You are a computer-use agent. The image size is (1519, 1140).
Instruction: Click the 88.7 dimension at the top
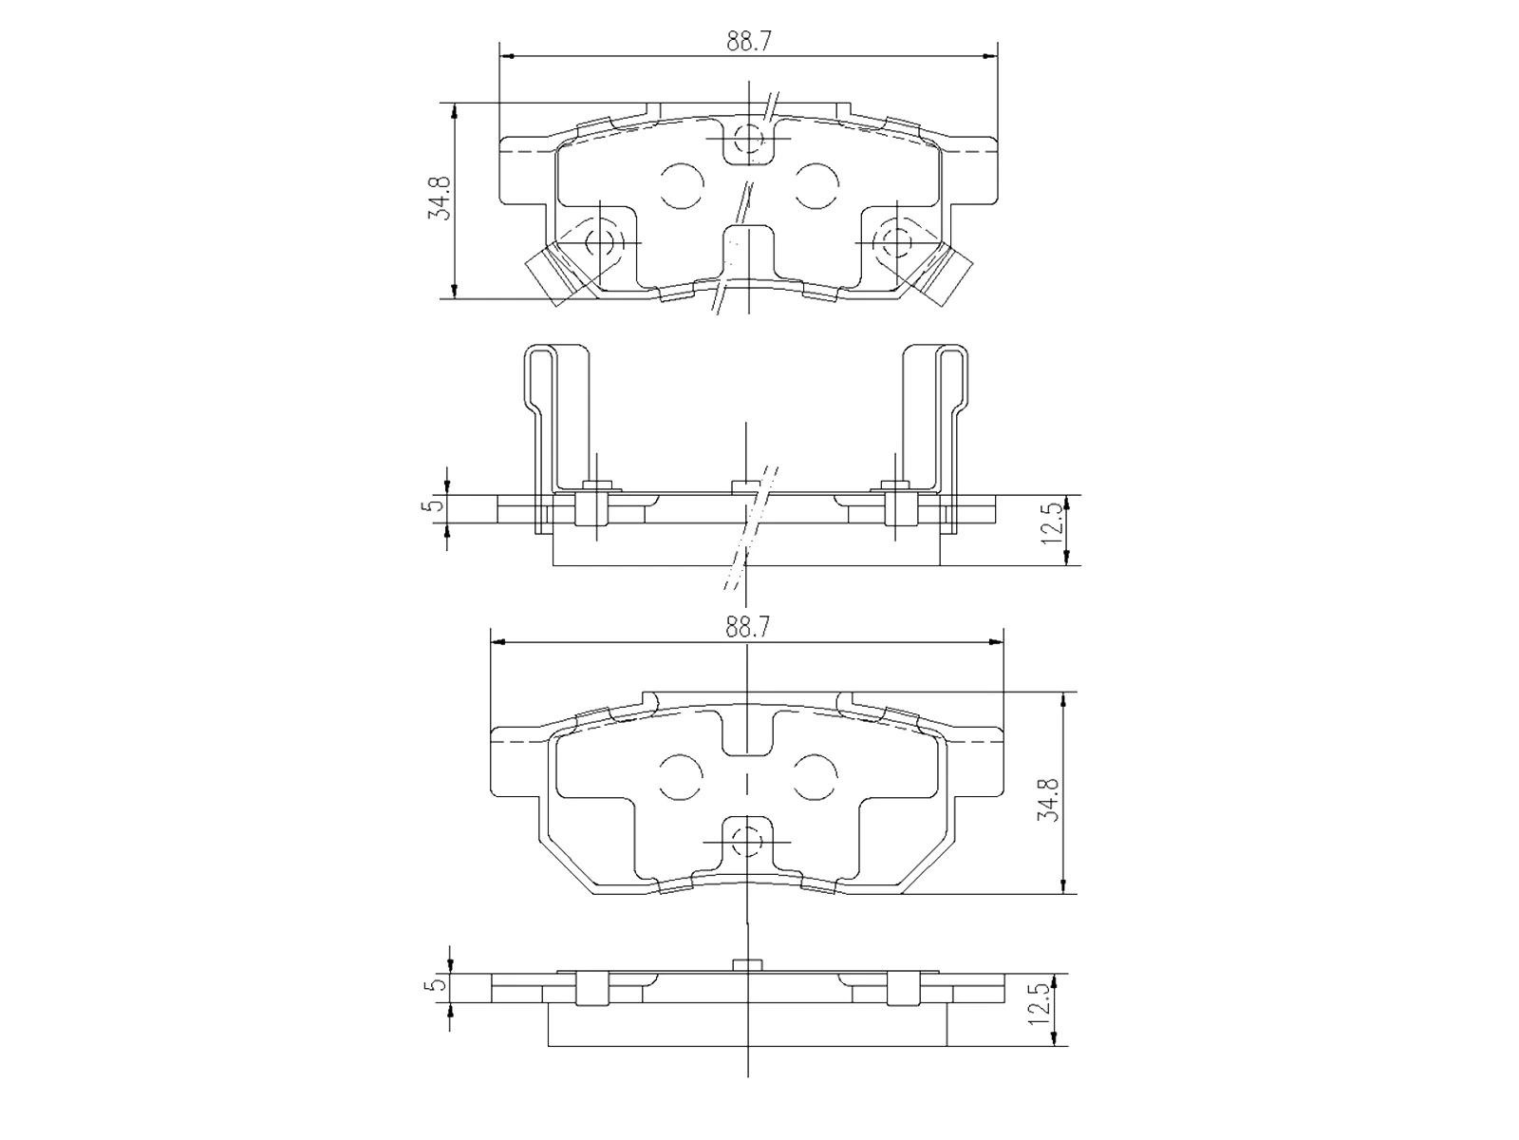[748, 42]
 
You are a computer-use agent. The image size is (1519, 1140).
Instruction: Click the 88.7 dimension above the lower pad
[748, 627]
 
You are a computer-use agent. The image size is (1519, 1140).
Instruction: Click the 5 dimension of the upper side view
[436, 503]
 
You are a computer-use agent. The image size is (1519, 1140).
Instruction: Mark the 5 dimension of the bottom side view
[437, 983]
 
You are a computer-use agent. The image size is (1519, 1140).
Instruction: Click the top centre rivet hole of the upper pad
[749, 139]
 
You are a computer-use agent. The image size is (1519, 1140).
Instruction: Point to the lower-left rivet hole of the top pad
[601, 241]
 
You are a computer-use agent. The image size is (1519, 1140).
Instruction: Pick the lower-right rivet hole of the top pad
[896, 241]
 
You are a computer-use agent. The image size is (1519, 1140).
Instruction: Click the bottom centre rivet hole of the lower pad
[749, 840]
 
